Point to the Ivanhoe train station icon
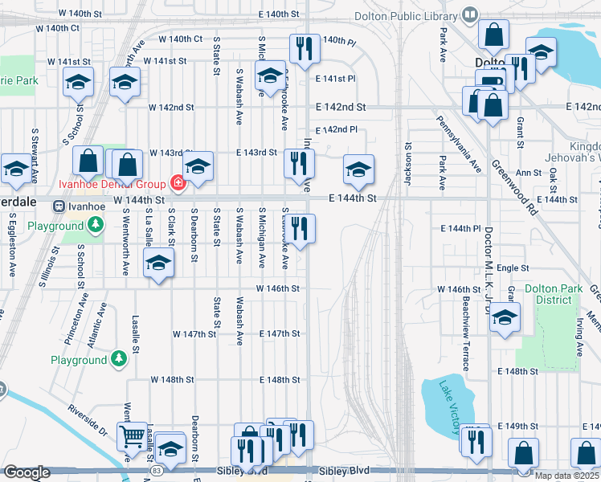click(x=59, y=206)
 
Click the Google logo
click(x=27, y=472)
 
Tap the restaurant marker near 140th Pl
click(x=305, y=47)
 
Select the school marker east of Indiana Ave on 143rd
click(x=358, y=168)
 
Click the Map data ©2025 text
click(x=566, y=476)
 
